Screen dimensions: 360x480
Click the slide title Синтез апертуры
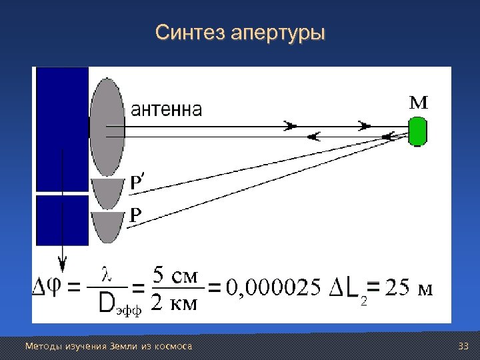(240, 32)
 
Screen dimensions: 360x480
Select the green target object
(417, 131)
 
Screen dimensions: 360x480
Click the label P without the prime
(135, 215)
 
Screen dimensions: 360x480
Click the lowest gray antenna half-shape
(107, 227)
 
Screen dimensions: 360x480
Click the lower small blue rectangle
(61, 219)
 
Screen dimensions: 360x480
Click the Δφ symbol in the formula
(48, 288)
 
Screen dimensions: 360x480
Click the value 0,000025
(273, 288)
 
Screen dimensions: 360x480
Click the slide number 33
(465, 346)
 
